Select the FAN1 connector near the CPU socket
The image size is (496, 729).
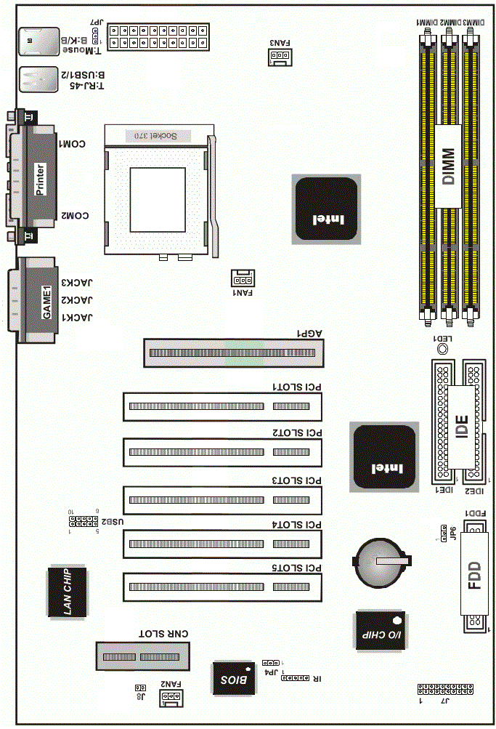pyautogui.click(x=242, y=278)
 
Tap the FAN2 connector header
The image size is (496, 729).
pyautogui.click(x=171, y=698)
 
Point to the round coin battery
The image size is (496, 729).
pyautogui.click(x=379, y=560)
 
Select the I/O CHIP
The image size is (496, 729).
pyautogui.click(x=378, y=631)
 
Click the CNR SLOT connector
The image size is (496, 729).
pyautogui.click(x=144, y=657)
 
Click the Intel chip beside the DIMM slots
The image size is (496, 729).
pyautogui.click(x=326, y=209)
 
